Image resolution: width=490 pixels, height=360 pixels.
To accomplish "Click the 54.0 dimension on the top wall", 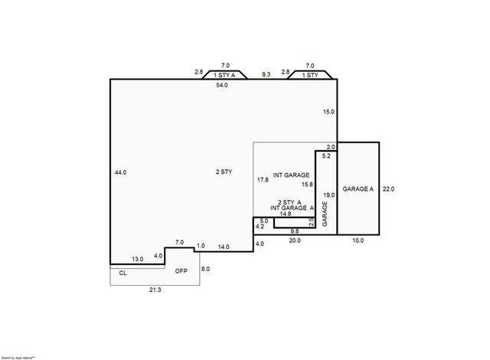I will (222, 85).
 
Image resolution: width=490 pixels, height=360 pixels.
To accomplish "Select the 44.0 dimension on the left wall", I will (120, 172).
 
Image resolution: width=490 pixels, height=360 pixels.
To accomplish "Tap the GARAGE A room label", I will (358, 188).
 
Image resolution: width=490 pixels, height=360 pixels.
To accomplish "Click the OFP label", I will (181, 271).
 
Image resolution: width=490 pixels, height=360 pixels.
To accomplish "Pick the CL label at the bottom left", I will (123, 272).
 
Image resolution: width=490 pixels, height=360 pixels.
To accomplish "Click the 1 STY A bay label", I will (225, 75).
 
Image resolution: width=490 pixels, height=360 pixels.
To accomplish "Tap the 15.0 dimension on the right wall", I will (328, 112).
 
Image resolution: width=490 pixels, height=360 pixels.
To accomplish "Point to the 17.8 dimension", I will (263, 179).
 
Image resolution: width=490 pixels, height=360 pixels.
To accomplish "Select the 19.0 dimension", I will (328, 195).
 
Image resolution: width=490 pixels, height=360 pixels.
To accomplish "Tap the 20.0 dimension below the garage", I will (295, 241).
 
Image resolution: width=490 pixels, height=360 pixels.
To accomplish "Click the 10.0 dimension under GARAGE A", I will (358, 241).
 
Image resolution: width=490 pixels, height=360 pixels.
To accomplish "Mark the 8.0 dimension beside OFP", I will (205, 270).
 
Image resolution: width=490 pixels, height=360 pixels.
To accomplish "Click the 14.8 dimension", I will (285, 215).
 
